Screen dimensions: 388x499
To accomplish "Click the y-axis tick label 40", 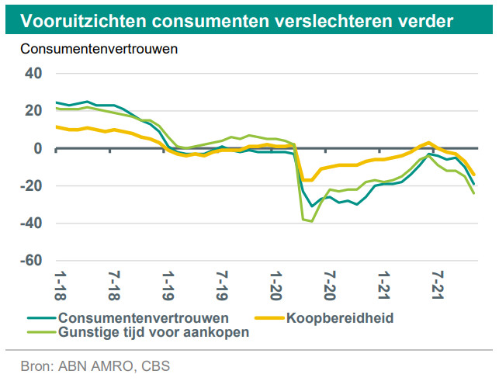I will tap(33, 74).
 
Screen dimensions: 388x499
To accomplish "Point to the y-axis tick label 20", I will tap(33, 111).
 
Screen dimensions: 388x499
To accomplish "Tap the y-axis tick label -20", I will tap(30, 185).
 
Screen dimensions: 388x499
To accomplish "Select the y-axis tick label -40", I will tap(30, 223).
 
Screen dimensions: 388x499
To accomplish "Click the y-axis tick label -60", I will tap(30, 260).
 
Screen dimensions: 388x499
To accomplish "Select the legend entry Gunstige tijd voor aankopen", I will tap(152, 333).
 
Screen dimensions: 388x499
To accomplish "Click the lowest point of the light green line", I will tap(312, 221).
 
